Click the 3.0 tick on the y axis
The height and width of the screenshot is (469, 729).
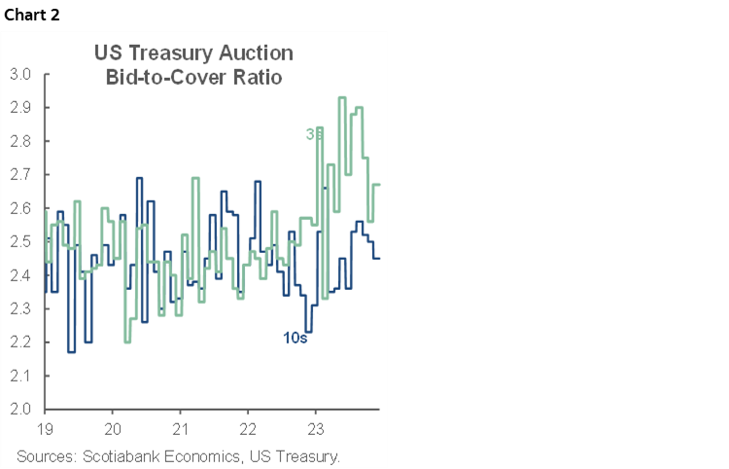(x=21, y=74)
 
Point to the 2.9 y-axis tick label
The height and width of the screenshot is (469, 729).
(x=21, y=107)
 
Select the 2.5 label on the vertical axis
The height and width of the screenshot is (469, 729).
(x=21, y=241)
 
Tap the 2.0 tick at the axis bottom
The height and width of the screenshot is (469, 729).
(x=21, y=409)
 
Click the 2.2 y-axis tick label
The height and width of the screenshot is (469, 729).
(x=21, y=343)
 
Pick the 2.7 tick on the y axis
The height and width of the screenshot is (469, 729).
(x=21, y=174)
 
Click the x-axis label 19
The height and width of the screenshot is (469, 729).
(x=44, y=428)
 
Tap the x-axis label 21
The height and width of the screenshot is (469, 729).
(x=180, y=428)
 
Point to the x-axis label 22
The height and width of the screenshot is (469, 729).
(x=248, y=428)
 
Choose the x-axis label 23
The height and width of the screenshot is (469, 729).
(x=316, y=428)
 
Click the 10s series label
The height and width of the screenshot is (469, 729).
(x=281, y=340)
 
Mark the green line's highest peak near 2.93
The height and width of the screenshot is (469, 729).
(x=342, y=97)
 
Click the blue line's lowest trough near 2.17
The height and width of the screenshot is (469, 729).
(x=71, y=351)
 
